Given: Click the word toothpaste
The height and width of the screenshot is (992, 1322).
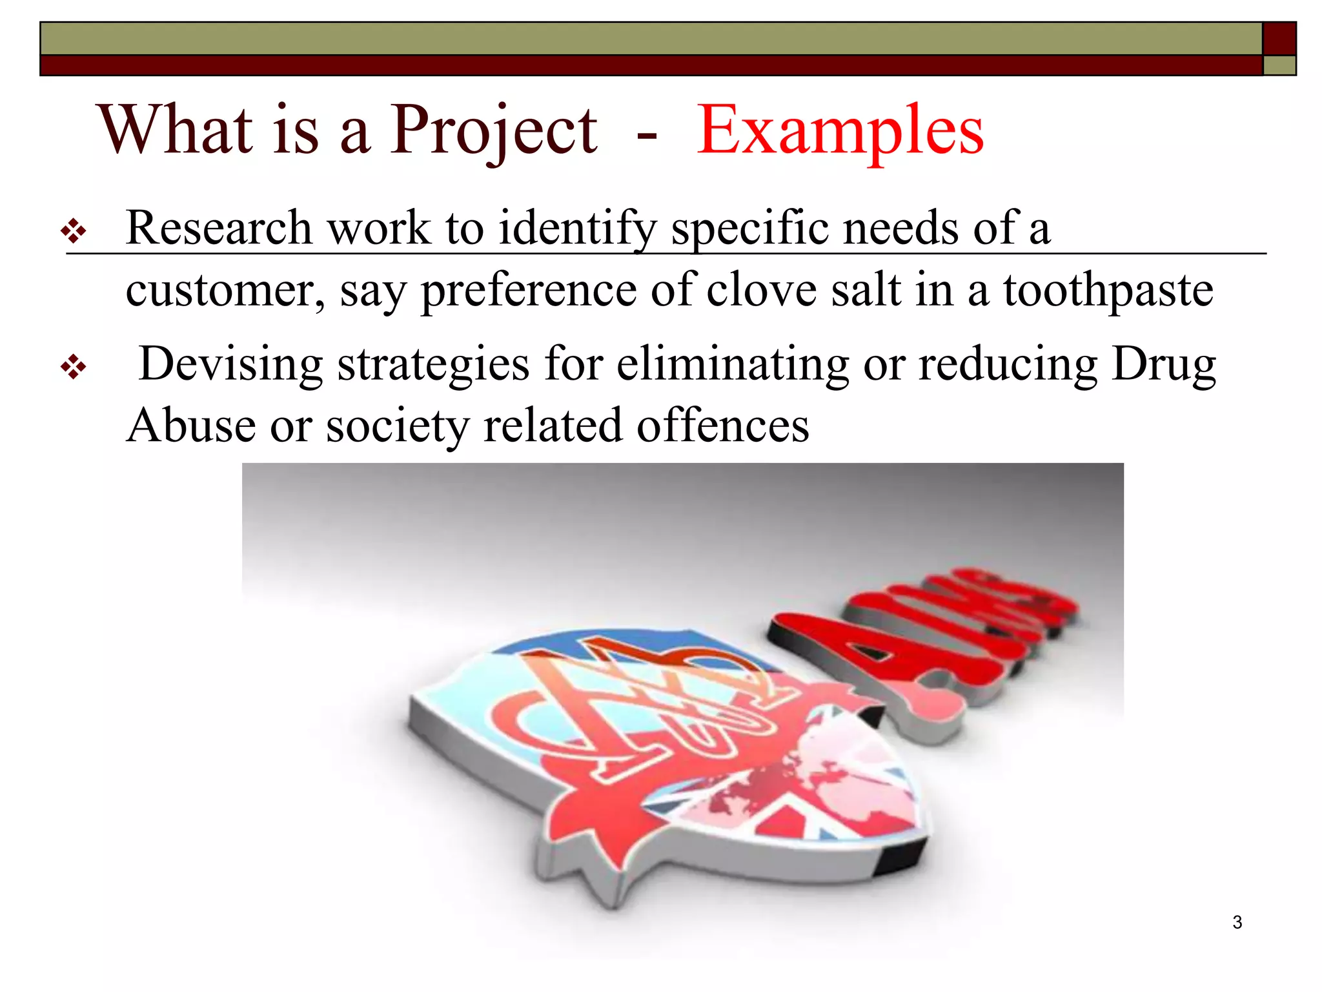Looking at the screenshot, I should point(1108,291).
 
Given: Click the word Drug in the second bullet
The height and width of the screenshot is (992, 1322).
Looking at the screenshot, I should point(1163,365).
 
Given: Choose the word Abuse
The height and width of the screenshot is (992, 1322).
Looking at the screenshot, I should point(191,426).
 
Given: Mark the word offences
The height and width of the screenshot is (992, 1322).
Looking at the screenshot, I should point(723,426).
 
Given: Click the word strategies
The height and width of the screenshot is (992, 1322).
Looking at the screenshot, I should point(433,365).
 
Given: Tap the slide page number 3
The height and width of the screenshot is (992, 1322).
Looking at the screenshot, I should point(1237,922).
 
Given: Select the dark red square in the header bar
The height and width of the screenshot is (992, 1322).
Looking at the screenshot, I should point(1279,39).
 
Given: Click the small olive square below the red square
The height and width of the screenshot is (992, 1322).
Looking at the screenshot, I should point(1279,65).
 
